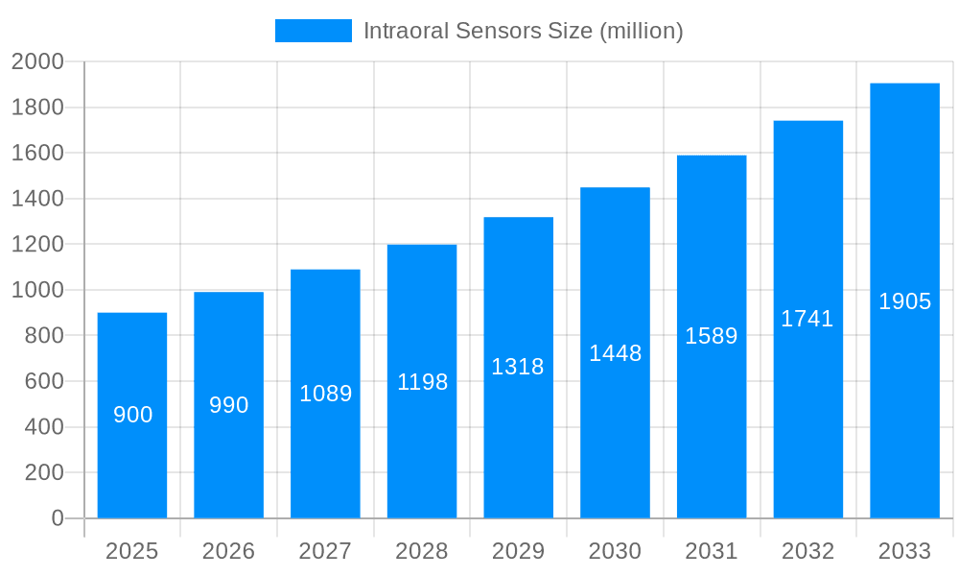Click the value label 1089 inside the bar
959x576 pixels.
326,394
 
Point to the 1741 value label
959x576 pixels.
807,319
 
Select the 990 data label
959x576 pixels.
229,405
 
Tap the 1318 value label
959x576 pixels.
518,367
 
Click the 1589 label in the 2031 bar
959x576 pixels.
711,336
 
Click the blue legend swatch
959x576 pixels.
313,31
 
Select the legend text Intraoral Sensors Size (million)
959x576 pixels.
523,31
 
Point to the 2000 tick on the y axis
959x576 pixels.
37,62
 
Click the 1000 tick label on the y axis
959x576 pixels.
37,290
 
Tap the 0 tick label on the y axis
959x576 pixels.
58,518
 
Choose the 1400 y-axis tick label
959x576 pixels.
37,199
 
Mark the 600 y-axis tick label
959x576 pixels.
44,381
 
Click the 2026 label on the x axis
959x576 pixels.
229,551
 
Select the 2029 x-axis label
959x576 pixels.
518,551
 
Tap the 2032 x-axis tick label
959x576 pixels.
807,551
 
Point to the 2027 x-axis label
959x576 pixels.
325,551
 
